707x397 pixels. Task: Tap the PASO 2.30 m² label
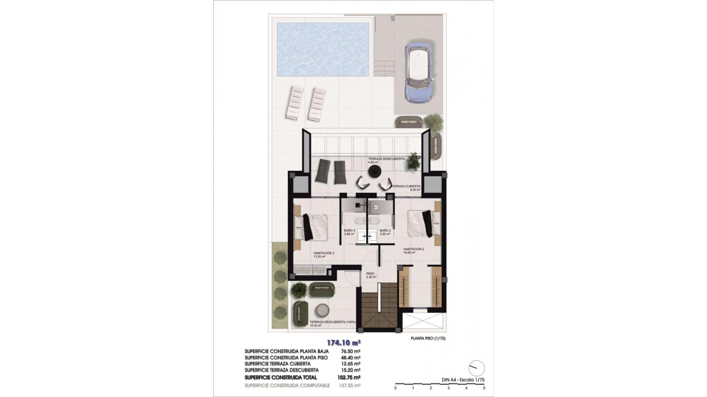click(371, 275)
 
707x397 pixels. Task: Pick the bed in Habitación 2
click(420, 224)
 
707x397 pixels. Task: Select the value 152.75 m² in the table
click(349, 377)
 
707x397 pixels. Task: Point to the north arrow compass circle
click(476, 368)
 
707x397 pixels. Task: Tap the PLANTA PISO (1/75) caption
click(428, 339)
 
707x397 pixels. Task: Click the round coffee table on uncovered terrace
click(323, 311)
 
